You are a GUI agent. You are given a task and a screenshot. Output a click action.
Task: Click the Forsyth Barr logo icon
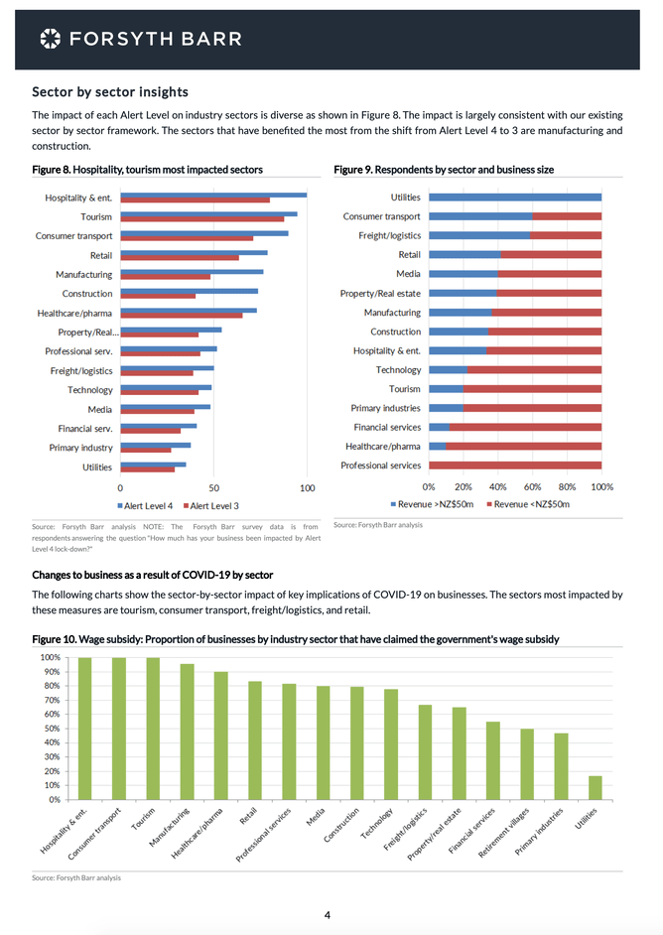coord(50,39)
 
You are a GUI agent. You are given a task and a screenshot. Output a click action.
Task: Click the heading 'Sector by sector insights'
coord(110,92)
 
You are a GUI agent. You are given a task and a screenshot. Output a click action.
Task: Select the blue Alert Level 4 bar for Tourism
coord(207,213)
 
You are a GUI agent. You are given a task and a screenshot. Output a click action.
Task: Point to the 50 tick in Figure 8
coord(213,487)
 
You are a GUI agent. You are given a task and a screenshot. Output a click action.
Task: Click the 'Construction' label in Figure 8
coord(87,294)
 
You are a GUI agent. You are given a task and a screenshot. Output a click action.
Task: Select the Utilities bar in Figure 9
coord(515,198)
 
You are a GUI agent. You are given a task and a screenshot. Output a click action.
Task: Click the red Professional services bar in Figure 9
coord(515,465)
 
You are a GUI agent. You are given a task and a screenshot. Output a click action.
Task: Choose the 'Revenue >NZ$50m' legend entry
coord(430,505)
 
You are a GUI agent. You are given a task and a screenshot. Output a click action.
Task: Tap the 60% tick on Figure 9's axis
coord(533,487)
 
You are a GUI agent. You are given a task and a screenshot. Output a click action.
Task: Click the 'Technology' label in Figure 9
coord(398,369)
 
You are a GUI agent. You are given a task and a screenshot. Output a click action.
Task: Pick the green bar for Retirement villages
coord(527,764)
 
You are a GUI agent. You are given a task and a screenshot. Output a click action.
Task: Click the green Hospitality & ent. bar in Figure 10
coord(85,728)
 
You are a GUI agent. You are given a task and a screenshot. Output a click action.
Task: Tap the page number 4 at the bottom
coord(327,914)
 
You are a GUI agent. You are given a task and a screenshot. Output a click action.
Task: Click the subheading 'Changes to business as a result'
coord(152,575)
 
